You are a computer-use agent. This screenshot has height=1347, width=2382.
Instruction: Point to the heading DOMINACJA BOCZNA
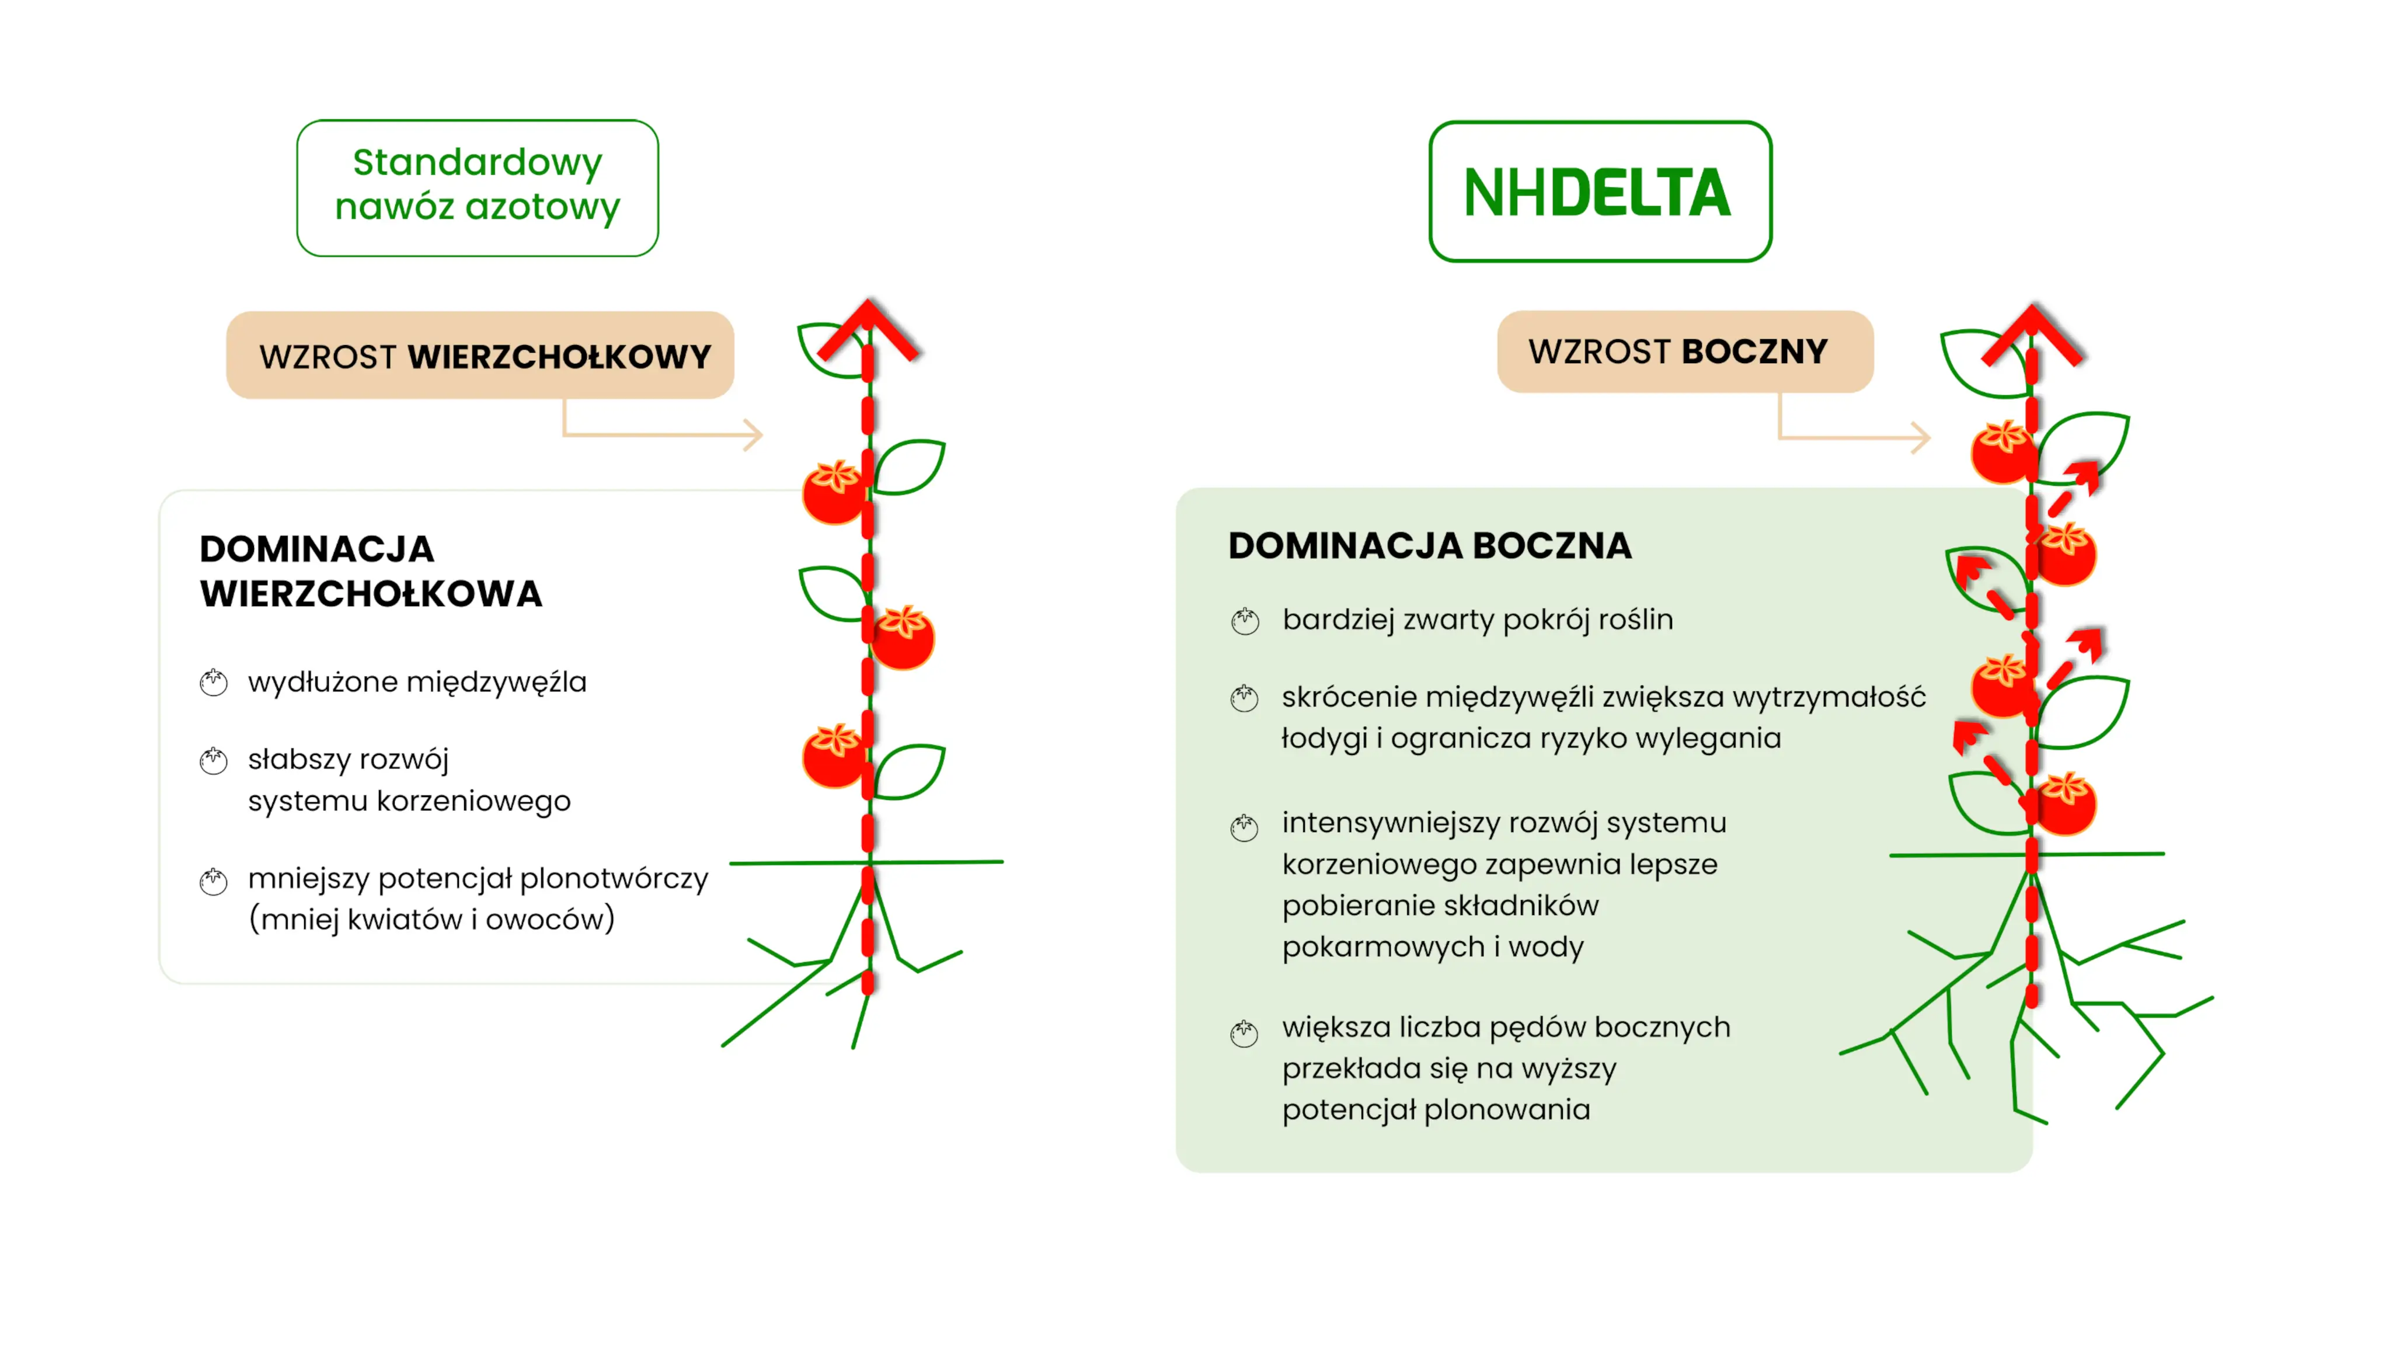coord(1429,546)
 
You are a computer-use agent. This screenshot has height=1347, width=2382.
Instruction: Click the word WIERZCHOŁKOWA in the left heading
coord(371,594)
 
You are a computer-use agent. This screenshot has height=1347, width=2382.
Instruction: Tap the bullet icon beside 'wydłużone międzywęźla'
coord(214,683)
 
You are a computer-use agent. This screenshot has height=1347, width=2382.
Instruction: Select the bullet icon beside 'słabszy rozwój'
coord(214,760)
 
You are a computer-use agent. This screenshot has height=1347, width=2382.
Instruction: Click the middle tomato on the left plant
coord(903,636)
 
